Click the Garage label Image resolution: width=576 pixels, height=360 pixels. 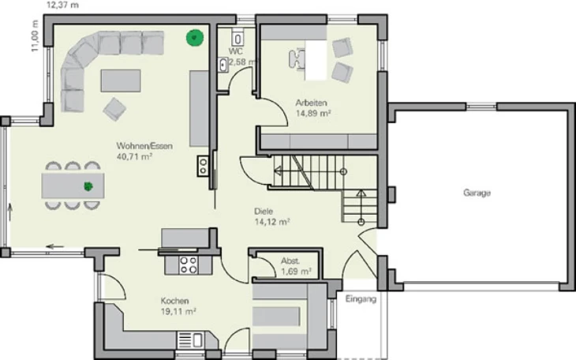[477, 193]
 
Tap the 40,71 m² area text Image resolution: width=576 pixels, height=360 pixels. [134, 156]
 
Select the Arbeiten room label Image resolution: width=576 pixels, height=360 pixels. [311, 103]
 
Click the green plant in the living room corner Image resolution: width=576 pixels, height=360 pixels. [195, 38]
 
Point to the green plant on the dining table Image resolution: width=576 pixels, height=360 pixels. [88, 186]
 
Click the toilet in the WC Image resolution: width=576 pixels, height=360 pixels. [238, 38]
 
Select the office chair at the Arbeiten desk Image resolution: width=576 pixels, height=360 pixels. [297, 58]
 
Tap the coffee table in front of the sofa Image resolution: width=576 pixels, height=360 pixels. [121, 81]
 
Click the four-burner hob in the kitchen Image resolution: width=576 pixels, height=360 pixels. [189, 265]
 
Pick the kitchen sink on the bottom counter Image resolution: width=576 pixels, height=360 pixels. [190, 340]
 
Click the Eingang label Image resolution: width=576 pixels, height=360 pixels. [361, 299]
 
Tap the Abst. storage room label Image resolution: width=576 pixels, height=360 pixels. [290, 261]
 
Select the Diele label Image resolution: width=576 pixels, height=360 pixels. [264, 211]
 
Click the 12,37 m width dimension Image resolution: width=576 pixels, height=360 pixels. [62, 6]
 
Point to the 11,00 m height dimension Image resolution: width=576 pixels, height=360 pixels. [35, 36]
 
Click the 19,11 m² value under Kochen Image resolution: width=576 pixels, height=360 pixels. [178, 312]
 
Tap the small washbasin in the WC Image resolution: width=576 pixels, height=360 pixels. [223, 65]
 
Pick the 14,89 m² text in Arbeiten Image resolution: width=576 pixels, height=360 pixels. [313, 113]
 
